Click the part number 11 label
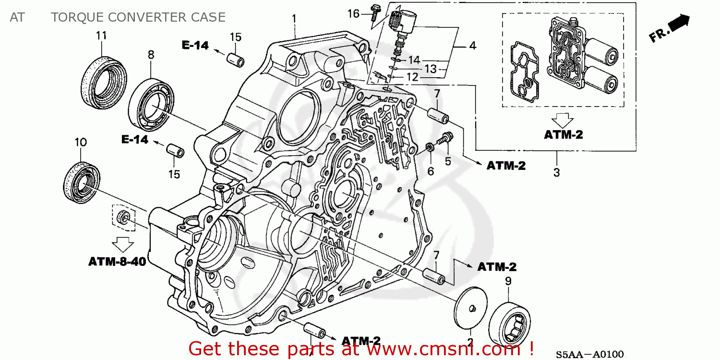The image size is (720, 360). point(101,36)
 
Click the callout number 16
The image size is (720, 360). point(353,14)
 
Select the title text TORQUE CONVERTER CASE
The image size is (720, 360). point(138,17)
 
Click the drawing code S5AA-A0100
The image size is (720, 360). point(590,355)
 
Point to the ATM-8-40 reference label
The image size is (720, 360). point(117,262)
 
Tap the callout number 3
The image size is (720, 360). point(556,173)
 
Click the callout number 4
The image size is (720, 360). point(472,46)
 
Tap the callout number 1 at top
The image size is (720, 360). point(294,19)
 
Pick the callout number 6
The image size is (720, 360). point(431,170)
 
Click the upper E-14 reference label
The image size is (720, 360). point(195,46)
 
